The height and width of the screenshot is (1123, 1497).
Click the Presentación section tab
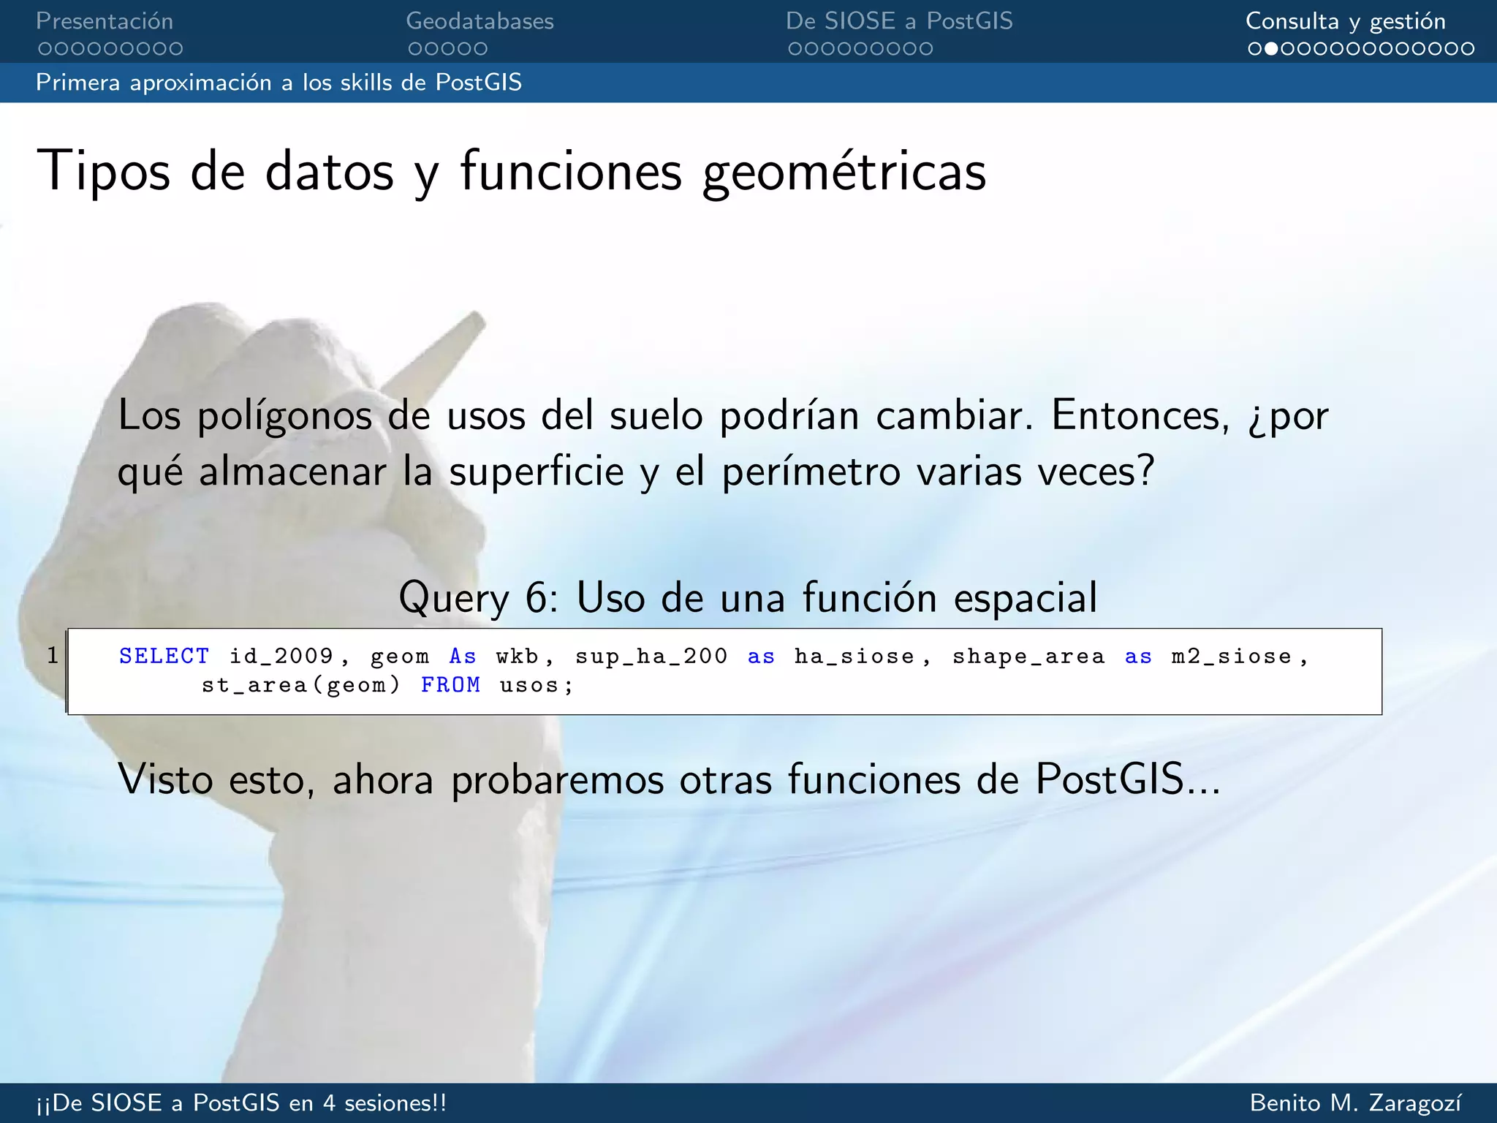point(105,21)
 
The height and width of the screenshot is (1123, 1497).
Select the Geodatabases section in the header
point(480,21)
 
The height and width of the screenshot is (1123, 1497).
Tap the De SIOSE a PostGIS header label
point(899,21)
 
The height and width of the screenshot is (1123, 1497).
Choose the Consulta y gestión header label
point(1345,21)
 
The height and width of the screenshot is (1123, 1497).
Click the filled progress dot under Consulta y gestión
point(1271,49)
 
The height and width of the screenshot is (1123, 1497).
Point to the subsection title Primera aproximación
point(278,83)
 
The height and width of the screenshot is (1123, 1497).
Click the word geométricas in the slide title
point(844,173)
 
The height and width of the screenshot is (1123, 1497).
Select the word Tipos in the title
point(103,173)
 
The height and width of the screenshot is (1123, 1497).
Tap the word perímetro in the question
point(811,472)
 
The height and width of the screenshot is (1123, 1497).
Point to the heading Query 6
point(747,597)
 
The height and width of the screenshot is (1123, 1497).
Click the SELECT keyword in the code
point(164,656)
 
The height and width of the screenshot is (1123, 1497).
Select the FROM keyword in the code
point(450,685)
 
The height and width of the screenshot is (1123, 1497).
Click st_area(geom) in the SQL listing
point(301,685)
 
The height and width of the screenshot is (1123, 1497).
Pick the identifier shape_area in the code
point(1028,656)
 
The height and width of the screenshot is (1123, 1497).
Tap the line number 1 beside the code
point(53,655)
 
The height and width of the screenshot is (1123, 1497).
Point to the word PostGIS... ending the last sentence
point(1128,779)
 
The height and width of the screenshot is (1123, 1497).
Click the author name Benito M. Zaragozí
point(1356,1103)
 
